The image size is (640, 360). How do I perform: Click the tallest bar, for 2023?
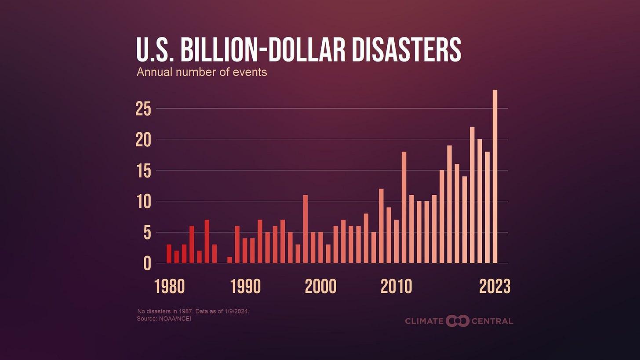(x=495, y=176)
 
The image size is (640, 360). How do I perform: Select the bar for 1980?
(x=169, y=254)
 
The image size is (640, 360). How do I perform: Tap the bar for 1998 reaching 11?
(x=305, y=229)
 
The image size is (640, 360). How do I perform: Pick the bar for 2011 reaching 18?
(x=404, y=207)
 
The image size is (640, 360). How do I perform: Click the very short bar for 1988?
(x=229, y=260)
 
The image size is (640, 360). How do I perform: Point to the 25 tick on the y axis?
(x=143, y=109)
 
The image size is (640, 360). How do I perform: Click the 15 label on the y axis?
(x=143, y=171)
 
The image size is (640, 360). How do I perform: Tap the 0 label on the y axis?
(x=147, y=264)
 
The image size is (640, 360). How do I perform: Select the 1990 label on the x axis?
(x=245, y=287)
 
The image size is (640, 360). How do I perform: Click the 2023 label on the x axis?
(x=495, y=287)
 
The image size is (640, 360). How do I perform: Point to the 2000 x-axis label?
(x=320, y=287)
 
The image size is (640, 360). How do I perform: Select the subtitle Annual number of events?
(x=202, y=72)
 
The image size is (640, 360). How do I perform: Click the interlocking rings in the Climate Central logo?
(x=457, y=321)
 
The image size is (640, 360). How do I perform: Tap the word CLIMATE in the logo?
(x=424, y=321)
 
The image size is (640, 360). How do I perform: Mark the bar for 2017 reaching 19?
(x=449, y=204)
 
